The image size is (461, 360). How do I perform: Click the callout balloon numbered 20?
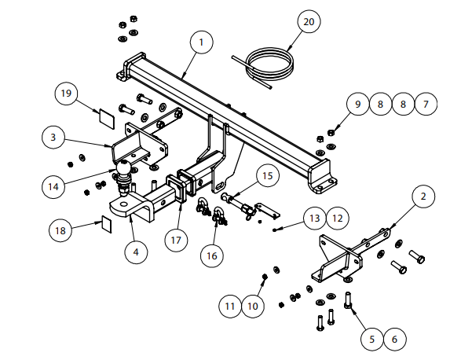(309, 21)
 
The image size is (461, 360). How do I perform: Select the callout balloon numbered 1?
(201, 42)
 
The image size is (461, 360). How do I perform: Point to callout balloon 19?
(66, 93)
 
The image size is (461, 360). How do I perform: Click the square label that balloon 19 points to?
(107, 119)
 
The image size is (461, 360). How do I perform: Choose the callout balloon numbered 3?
(53, 138)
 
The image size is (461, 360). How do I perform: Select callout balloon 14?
(53, 186)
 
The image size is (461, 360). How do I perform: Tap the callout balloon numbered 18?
(60, 230)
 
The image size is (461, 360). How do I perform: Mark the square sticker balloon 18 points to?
(107, 224)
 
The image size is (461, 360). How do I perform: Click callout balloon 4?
(136, 252)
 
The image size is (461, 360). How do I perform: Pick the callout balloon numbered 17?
(176, 241)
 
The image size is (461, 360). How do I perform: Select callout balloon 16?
(212, 255)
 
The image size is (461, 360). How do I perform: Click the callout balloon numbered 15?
(268, 176)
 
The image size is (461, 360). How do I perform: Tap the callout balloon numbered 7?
(426, 104)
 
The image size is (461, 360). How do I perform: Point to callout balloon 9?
(358, 104)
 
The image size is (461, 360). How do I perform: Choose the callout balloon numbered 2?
(423, 196)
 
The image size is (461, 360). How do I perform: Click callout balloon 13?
(315, 218)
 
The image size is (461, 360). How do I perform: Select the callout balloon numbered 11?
(230, 306)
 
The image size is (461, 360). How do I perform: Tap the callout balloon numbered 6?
(395, 339)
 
